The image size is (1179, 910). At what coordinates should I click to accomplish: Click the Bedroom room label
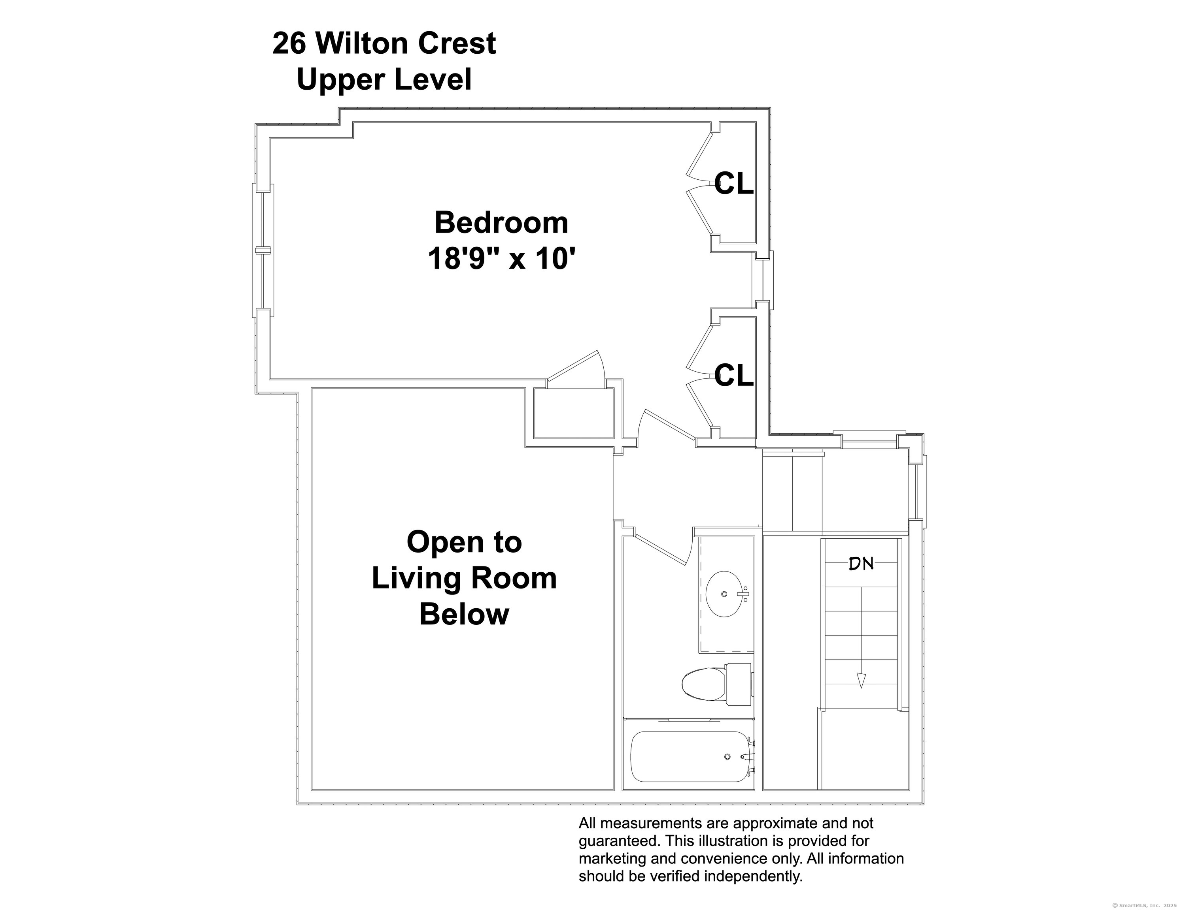pyautogui.click(x=501, y=223)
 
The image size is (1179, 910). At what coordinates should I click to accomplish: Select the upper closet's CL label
pyautogui.click(x=734, y=184)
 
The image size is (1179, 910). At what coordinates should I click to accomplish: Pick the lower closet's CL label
pyautogui.click(x=734, y=376)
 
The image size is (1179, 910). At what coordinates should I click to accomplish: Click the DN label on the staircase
pyautogui.click(x=861, y=564)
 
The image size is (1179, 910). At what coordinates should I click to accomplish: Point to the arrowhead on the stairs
pyautogui.click(x=861, y=681)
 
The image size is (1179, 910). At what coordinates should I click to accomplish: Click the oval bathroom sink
pyautogui.click(x=724, y=594)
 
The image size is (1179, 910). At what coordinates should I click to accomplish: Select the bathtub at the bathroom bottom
pyautogui.click(x=692, y=757)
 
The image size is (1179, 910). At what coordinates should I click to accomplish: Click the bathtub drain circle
pyautogui.click(x=727, y=757)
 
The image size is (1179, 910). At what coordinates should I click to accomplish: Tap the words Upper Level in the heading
pyautogui.click(x=384, y=79)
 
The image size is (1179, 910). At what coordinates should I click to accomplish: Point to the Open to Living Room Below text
pyautogui.click(x=464, y=578)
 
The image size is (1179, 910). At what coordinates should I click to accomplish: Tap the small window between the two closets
pyautogui.click(x=763, y=280)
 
